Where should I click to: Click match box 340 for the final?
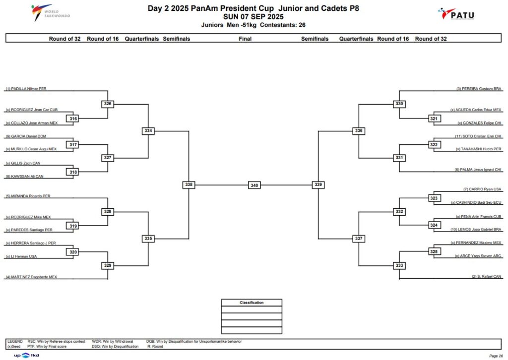point(254,185)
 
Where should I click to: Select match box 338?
point(189,184)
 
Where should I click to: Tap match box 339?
point(318,184)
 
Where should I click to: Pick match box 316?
point(73,119)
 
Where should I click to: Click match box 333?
point(399,265)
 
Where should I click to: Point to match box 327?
point(108,158)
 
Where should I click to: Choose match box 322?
point(434,145)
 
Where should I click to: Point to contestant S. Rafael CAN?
point(487,277)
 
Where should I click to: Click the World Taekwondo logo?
point(50,13)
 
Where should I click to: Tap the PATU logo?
point(456,14)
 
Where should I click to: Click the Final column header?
point(245,39)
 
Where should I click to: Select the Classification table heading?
point(252,302)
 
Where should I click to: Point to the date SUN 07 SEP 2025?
point(254,17)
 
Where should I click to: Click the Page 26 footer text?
point(496,356)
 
